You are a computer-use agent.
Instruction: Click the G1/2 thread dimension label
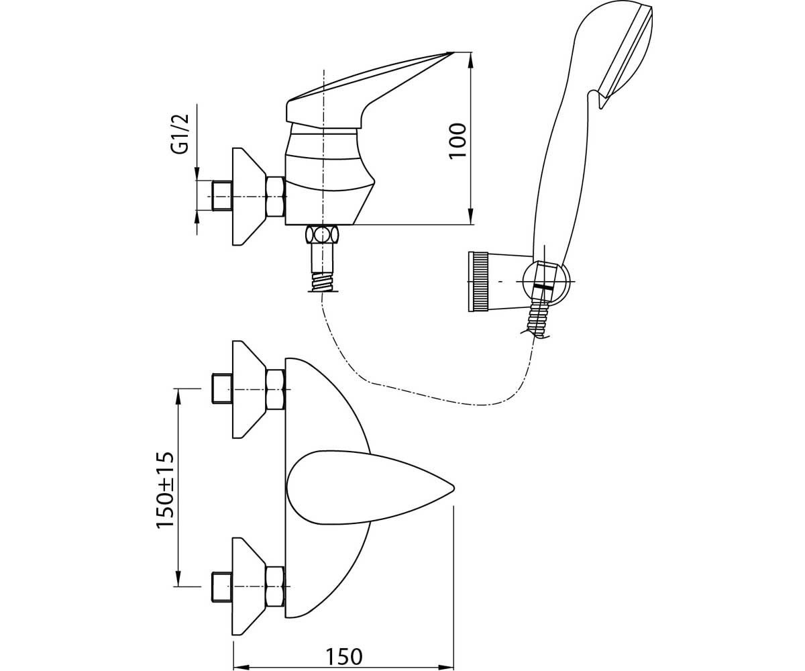pos(181,134)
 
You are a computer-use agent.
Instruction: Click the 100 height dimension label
pos(458,140)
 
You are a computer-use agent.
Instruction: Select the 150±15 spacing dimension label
pos(166,490)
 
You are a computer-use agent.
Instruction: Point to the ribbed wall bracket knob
pos(478,282)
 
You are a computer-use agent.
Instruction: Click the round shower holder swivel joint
pos(546,282)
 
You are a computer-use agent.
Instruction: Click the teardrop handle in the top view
pos(370,487)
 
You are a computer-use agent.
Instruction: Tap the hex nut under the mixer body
pos(322,235)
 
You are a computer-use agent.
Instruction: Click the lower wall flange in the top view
pos(249,586)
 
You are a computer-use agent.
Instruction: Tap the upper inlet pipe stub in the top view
pos(222,389)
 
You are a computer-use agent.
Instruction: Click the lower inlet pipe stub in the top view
pos(222,586)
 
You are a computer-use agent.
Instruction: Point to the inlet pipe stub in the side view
pos(222,197)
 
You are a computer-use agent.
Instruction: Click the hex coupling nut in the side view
pos(276,197)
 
